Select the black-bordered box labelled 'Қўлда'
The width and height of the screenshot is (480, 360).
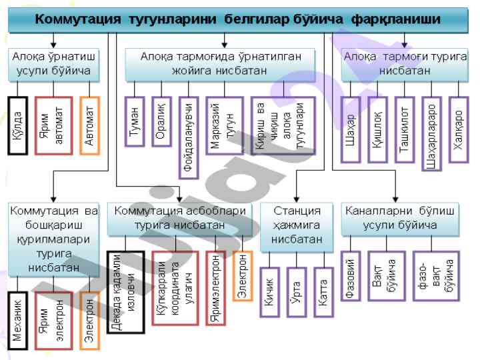[18, 125]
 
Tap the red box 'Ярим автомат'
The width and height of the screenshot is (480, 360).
[53, 125]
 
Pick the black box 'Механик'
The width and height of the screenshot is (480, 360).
[18, 321]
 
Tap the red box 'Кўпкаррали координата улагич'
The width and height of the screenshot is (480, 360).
[175, 287]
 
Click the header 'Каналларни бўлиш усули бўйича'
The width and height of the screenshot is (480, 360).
[400, 218]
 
